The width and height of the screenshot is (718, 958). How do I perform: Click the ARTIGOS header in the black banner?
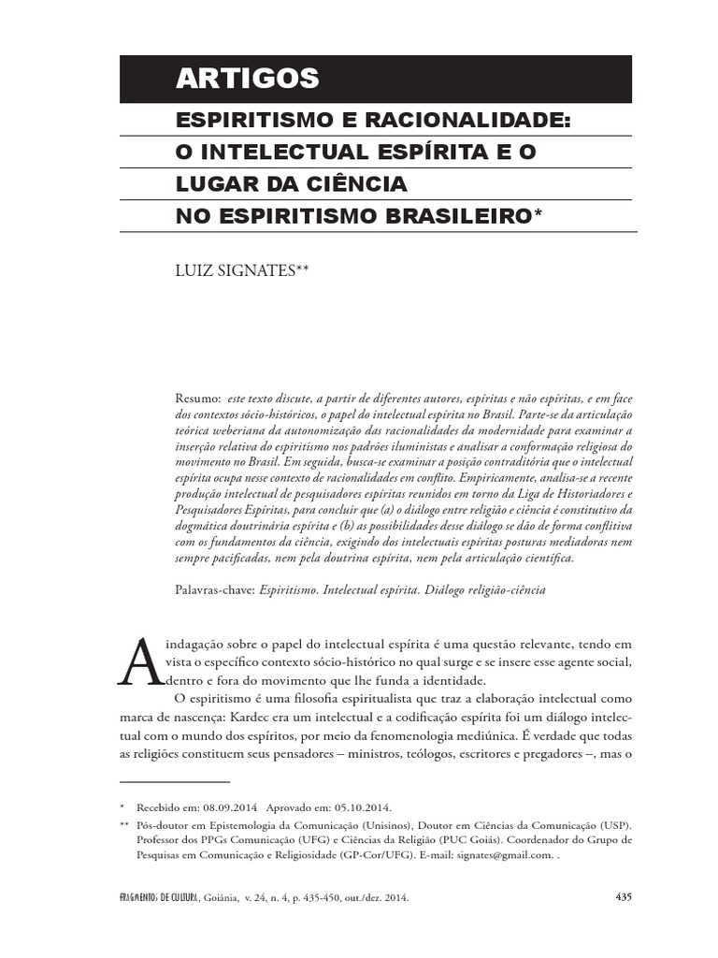[247, 80]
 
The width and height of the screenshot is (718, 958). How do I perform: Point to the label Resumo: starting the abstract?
[198, 397]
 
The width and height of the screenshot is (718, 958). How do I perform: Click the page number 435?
[624, 896]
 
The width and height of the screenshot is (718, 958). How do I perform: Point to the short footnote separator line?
[175, 780]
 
